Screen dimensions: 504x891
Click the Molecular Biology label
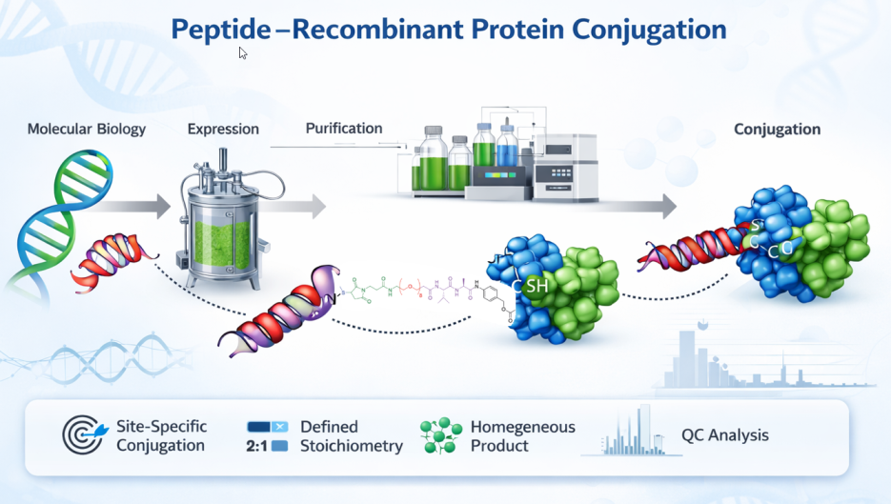[x=87, y=130]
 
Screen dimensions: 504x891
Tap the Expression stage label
[x=223, y=130]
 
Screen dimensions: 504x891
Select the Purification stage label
[x=344, y=128]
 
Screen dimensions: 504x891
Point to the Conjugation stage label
[x=777, y=130]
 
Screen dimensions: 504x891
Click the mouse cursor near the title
[x=243, y=53]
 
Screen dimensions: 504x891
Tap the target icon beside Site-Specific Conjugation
[x=83, y=435]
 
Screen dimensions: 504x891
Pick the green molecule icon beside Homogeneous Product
[x=439, y=435]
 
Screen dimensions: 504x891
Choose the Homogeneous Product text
[x=522, y=436]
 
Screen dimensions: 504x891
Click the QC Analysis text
[x=724, y=435]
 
